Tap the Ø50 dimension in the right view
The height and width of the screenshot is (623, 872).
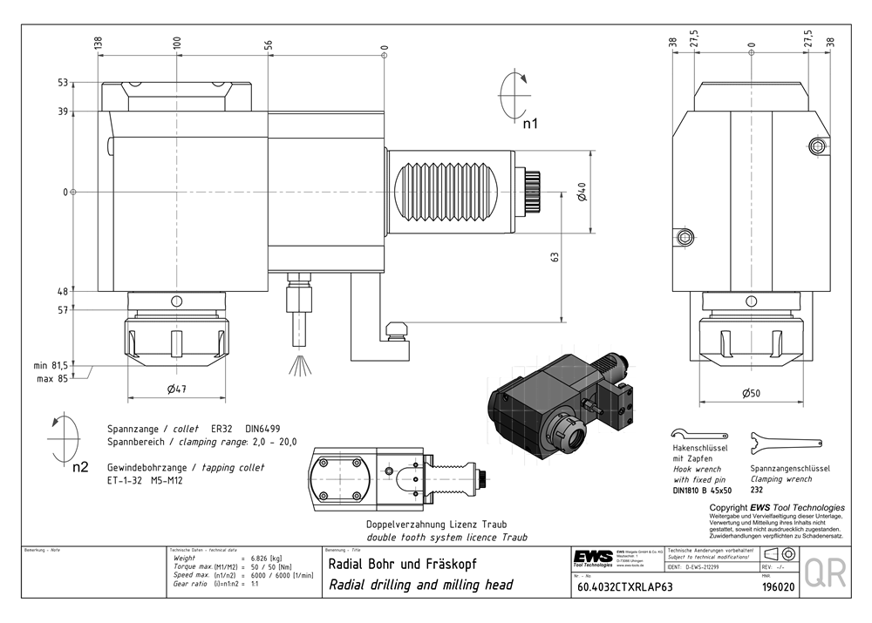pos(751,393)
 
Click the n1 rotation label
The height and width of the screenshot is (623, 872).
pos(530,124)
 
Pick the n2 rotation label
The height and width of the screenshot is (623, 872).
pos(79,466)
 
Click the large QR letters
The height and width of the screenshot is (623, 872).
pos(827,573)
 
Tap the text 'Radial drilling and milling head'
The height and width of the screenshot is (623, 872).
pos(420,585)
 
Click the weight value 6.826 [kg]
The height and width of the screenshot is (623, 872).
pos(260,558)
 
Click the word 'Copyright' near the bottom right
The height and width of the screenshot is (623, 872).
pos(728,507)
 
